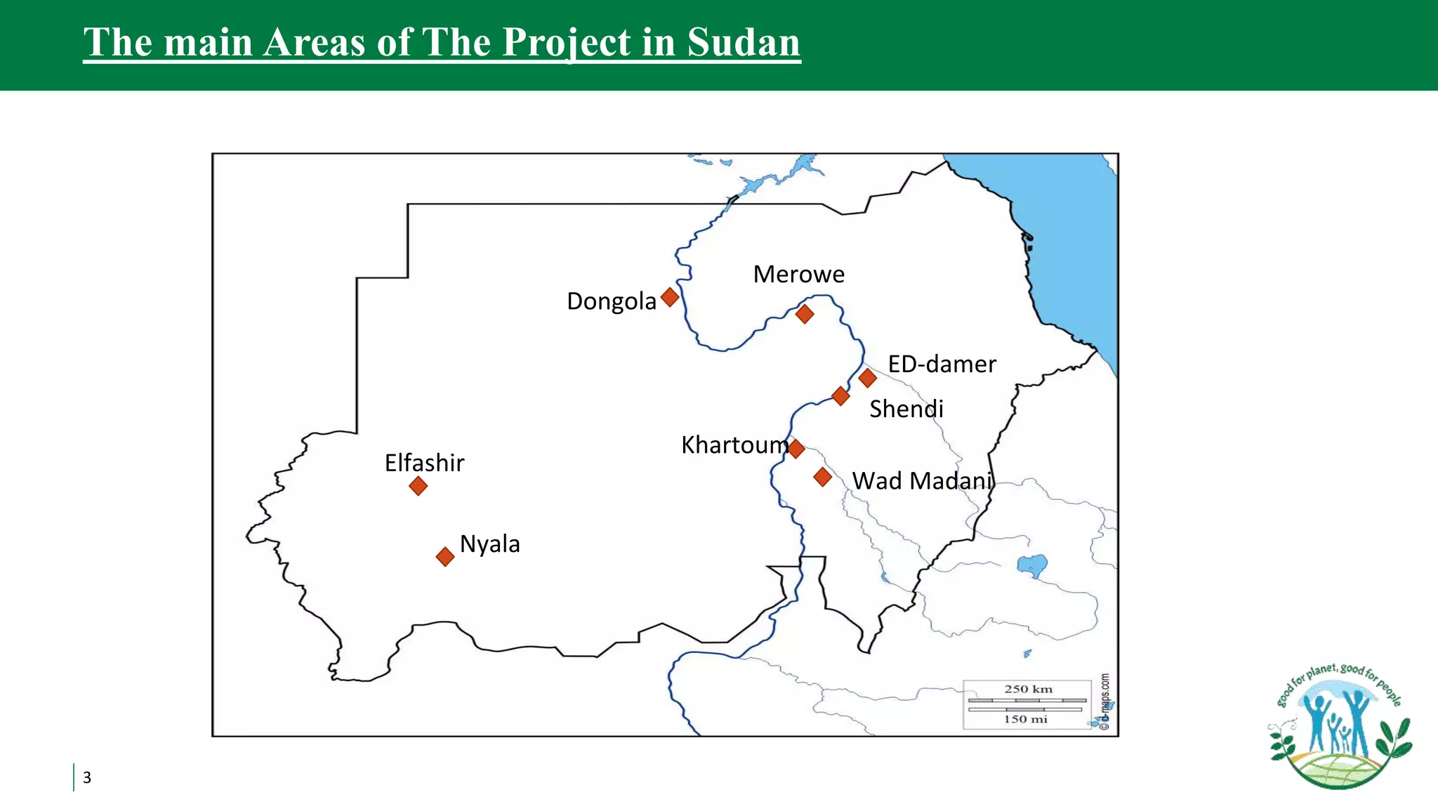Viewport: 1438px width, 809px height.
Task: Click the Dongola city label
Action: pos(611,301)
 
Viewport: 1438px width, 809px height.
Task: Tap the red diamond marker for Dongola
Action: pos(670,297)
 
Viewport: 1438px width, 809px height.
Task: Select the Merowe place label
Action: pos(798,274)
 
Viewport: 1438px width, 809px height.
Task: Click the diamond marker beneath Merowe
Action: pos(805,314)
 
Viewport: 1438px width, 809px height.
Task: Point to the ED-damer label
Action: pos(942,364)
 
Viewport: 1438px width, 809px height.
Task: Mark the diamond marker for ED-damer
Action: pos(867,378)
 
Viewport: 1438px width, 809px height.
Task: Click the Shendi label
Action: pos(906,409)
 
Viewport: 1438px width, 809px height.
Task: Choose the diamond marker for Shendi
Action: pos(840,396)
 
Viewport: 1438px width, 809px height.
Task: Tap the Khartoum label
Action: pos(734,445)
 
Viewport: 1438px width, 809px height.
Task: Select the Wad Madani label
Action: pos(923,481)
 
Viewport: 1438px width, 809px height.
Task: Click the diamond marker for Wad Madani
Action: pos(822,478)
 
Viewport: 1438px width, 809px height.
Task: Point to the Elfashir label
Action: pos(424,463)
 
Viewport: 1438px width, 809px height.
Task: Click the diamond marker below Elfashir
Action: pos(418,486)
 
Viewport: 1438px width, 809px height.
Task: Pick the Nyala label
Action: pos(489,544)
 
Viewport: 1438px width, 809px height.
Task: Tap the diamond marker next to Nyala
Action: pos(445,557)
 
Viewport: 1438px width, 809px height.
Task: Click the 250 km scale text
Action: pos(1028,690)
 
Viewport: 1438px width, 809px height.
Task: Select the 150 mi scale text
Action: pos(1025,719)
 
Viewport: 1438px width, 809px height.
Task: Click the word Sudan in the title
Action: pos(744,42)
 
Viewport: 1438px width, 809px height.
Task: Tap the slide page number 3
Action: pos(87,777)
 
